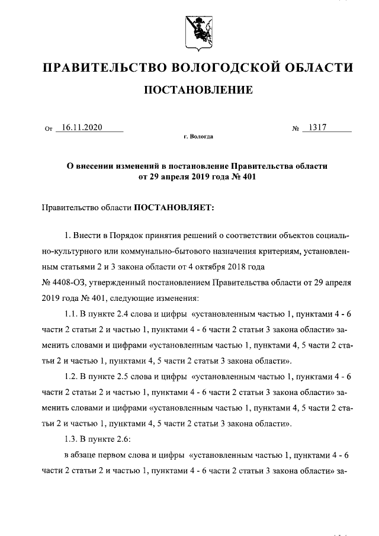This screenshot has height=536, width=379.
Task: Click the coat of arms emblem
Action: tap(197, 33)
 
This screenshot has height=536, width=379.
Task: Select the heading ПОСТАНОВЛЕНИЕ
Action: tap(198, 90)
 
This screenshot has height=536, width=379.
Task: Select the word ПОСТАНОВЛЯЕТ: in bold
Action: tap(176, 207)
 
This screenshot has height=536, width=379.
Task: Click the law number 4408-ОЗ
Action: tap(70, 282)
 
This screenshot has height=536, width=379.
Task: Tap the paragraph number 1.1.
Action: tap(70, 313)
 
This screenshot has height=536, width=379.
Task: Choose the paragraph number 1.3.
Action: tap(70, 439)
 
